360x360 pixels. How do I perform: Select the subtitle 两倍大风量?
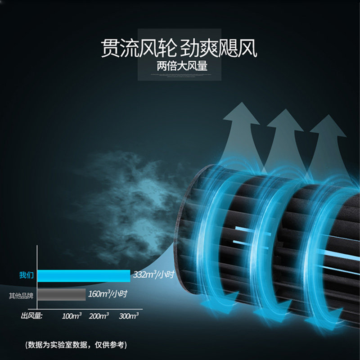click(182, 66)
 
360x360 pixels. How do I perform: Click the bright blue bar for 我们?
click(84, 275)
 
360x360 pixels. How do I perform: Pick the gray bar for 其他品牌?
click(61, 295)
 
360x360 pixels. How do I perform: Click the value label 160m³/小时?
click(108, 294)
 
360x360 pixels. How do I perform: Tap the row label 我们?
click(26, 275)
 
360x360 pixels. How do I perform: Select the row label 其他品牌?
click(21, 296)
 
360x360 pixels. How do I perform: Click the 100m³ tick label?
click(72, 316)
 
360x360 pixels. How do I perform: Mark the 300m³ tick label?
click(128, 316)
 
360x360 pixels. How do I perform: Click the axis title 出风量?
click(31, 316)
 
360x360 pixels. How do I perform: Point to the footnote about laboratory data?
click(76, 345)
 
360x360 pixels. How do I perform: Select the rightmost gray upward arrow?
click(328, 139)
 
